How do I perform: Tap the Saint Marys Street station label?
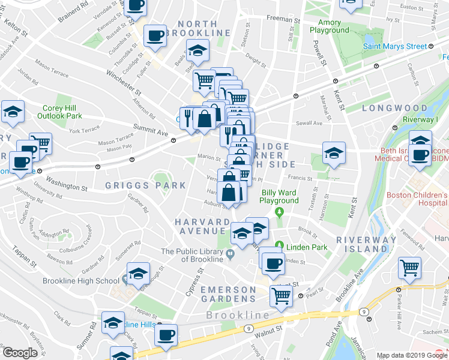[395, 46]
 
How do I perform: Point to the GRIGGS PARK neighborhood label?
[146, 185]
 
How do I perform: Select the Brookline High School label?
[82, 281]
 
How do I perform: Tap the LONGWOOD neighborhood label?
[394, 108]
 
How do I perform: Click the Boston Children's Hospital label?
[418, 199]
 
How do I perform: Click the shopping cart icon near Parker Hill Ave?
[409, 268]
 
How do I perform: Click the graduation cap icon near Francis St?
[333, 152]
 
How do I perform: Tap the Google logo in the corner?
[20, 353]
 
